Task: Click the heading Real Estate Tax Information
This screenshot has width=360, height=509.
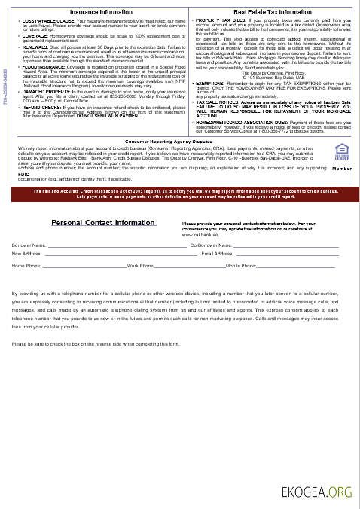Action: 273,13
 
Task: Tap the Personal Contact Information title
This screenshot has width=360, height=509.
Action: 103,223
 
